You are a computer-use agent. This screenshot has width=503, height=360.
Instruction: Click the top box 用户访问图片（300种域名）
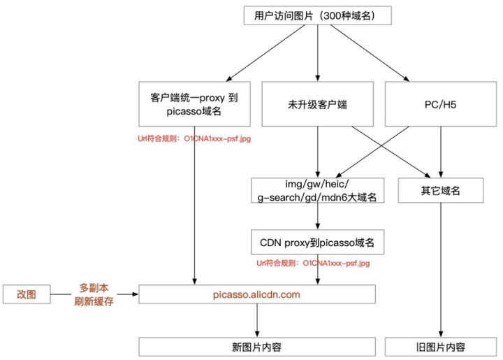318,16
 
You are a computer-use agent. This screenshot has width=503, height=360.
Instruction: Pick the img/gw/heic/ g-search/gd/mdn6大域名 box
318,190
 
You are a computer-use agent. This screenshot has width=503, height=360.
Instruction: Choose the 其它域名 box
441,190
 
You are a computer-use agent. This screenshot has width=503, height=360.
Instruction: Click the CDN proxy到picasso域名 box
318,243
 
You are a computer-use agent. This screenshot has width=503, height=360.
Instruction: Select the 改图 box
27,295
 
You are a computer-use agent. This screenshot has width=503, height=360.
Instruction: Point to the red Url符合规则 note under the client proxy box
194,139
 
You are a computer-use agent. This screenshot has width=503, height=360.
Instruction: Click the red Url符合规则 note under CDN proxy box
313,264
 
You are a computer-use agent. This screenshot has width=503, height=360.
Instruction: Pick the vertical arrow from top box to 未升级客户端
318,52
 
